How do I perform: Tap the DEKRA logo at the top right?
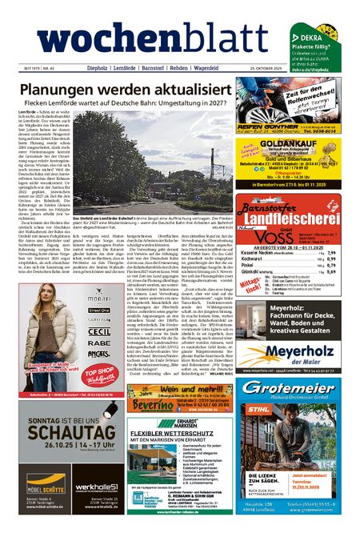pyautogui.click(x=308, y=37)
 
